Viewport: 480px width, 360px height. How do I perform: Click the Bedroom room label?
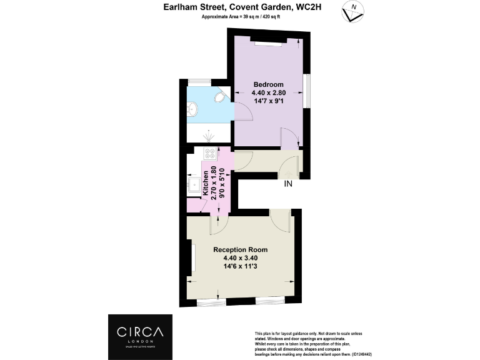pos(268,84)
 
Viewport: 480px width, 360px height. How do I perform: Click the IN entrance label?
pos(288,184)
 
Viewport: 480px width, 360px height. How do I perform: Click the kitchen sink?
pos(194,184)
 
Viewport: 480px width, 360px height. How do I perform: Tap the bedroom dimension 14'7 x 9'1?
pos(269,101)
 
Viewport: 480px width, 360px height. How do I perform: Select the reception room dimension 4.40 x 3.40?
pos(240,258)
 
